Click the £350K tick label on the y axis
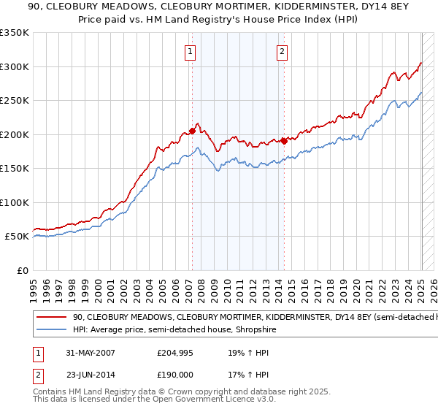(14, 33)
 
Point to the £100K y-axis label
(14, 202)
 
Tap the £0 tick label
(22, 270)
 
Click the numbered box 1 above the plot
(190, 51)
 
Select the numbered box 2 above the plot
(282, 51)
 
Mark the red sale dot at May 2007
(193, 131)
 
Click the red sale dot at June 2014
(284, 141)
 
